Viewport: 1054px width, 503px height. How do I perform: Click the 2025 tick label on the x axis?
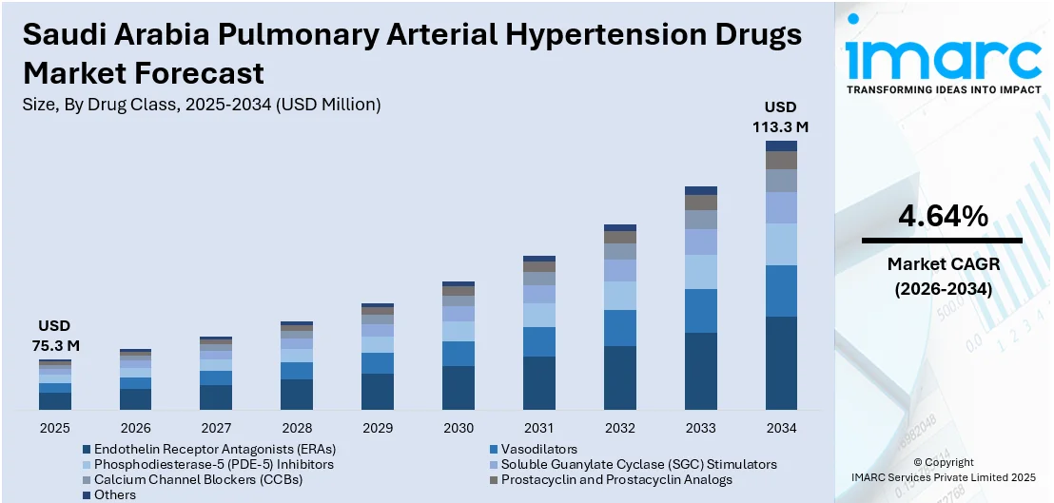click(x=54, y=428)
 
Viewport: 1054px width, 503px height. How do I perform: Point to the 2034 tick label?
click(x=781, y=428)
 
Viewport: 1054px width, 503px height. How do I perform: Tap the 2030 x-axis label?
click(x=458, y=428)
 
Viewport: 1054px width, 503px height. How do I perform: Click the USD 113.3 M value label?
click(x=781, y=116)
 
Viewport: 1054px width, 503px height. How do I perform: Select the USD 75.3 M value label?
click(x=54, y=336)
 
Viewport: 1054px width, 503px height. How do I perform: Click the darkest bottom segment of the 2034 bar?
click(x=781, y=362)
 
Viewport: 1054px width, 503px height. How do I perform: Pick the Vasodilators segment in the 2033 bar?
click(x=700, y=311)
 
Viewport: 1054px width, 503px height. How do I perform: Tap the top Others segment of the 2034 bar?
click(x=781, y=145)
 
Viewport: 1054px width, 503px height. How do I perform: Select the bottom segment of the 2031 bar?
click(x=538, y=383)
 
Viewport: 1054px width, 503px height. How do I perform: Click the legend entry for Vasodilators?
click(x=540, y=449)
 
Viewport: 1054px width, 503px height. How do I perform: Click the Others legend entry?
click(x=114, y=494)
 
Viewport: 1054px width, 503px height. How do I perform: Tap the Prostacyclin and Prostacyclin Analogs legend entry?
click(x=616, y=479)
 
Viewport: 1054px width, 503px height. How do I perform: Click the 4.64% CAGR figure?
click(x=943, y=217)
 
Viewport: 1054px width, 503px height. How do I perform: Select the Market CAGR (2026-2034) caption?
click(x=943, y=276)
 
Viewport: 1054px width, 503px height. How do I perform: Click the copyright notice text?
click(x=943, y=470)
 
